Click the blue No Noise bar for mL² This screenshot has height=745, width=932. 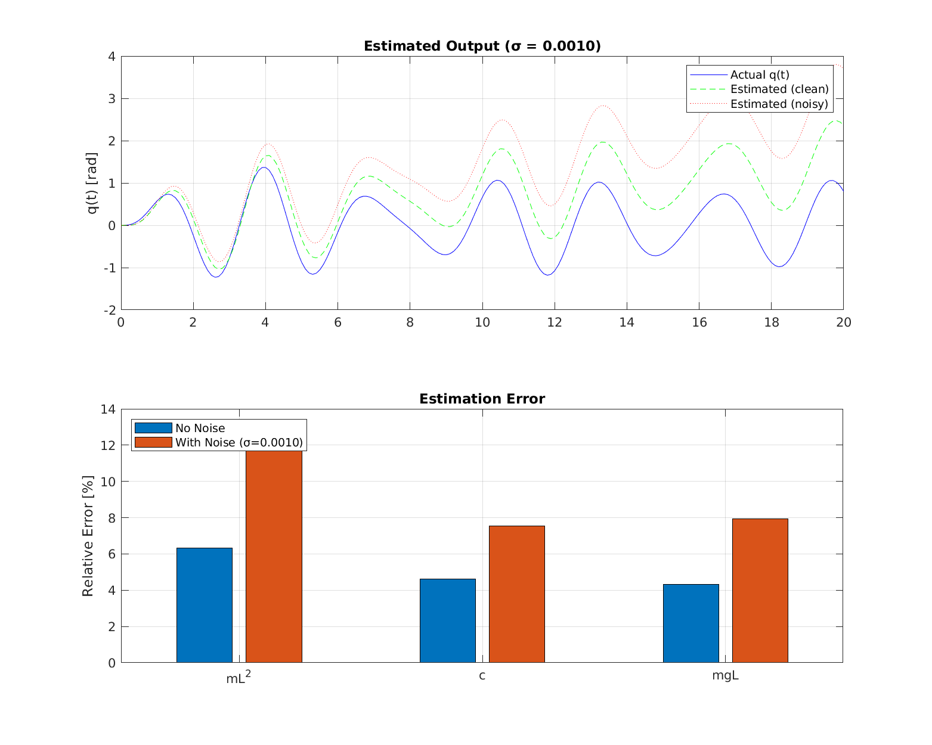[205, 605]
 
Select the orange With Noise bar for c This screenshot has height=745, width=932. [516, 594]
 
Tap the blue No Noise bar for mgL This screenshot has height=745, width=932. [691, 623]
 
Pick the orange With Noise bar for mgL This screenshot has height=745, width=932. [760, 590]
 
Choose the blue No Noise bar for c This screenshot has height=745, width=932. [447, 620]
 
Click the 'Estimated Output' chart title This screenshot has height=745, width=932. [482, 46]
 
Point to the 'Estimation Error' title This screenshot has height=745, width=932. [482, 399]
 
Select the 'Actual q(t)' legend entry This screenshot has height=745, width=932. [759, 75]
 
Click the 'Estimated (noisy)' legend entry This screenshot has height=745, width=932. [779, 104]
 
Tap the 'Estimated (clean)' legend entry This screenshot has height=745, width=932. [779, 89]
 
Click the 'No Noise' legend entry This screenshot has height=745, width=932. [200, 429]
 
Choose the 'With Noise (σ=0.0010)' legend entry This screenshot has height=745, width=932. [239, 443]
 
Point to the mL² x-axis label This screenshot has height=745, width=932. [238, 678]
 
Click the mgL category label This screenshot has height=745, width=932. [725, 676]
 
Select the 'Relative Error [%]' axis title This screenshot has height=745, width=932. [88, 536]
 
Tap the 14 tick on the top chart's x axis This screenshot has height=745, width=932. [627, 322]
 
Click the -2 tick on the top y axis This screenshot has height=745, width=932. [110, 310]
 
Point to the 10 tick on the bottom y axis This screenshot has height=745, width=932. [108, 482]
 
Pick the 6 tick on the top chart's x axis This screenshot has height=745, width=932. [337, 322]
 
